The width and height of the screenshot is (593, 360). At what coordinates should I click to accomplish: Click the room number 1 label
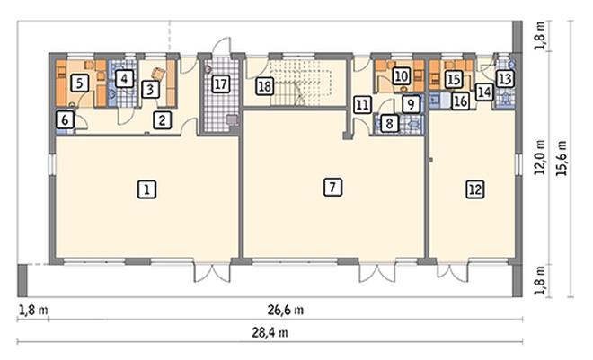[x=146, y=189]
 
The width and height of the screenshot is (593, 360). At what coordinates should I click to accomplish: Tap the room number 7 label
[x=332, y=187]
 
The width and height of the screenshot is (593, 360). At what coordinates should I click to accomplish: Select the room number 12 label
[x=475, y=189]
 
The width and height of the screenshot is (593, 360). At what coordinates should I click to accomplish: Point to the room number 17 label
[x=221, y=83]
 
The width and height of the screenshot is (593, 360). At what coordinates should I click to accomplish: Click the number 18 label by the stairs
[x=265, y=86]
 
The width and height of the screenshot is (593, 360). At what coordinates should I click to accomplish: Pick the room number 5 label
[x=79, y=83]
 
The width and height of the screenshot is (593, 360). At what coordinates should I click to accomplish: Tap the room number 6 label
[x=65, y=120]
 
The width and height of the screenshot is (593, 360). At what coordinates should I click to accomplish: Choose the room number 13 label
[x=505, y=79]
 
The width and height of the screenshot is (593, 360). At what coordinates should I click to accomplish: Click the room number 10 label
[x=402, y=76]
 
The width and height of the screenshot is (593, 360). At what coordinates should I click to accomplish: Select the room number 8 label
[x=390, y=123]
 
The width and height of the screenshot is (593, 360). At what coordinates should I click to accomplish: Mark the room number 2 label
[x=163, y=120]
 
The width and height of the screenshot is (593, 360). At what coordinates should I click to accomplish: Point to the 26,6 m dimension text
[x=286, y=310]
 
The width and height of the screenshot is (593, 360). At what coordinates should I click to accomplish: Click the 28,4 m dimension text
[x=270, y=333]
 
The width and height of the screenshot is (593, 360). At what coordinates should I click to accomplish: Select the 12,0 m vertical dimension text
[x=540, y=157]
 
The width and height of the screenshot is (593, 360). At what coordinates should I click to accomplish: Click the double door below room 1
[x=212, y=272]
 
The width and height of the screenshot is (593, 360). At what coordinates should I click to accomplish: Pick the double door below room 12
[x=453, y=271]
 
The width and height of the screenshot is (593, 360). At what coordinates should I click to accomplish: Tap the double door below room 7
[x=377, y=272]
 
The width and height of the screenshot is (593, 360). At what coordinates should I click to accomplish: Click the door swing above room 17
[x=222, y=46]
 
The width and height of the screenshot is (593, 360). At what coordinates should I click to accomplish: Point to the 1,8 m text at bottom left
[x=33, y=310]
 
